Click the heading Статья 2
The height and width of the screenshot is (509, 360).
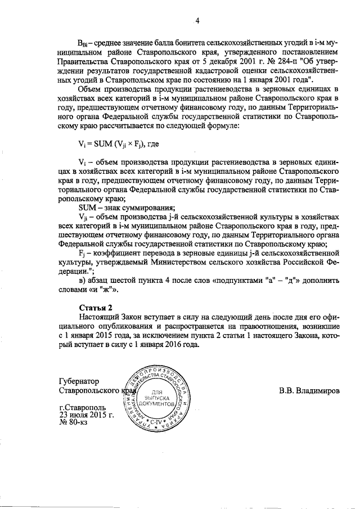pos(95,307)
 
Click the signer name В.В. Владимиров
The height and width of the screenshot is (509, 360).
pos(309,390)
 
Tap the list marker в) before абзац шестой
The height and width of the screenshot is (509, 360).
pos(82,280)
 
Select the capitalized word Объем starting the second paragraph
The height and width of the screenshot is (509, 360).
pos(90,89)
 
